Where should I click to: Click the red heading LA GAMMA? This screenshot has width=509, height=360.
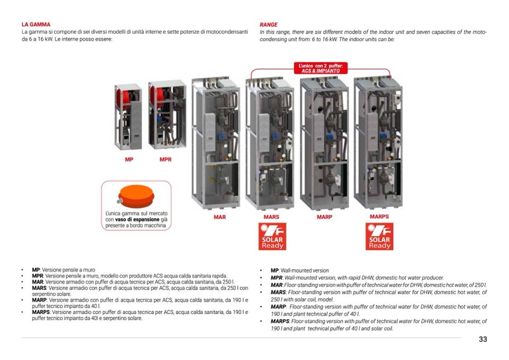point(36,24)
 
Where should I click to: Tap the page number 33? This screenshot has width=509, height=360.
point(482,339)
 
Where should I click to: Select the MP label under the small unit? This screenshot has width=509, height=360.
point(129,159)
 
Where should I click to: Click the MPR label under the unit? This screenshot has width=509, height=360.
point(166,159)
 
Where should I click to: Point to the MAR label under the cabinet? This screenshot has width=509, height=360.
point(219,217)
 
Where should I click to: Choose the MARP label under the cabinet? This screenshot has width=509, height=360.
point(324,217)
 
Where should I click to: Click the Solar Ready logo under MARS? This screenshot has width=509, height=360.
point(272,237)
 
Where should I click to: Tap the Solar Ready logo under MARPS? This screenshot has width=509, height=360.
point(379,237)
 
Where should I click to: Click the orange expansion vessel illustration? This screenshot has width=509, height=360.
point(135,196)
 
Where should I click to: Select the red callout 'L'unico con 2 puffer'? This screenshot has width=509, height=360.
point(321,68)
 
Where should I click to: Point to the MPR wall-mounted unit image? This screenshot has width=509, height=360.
point(166,114)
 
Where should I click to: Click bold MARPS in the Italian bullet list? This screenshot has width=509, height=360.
point(41,312)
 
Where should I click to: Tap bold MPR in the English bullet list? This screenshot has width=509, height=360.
point(276,278)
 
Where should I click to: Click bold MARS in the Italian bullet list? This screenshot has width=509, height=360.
point(39,288)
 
